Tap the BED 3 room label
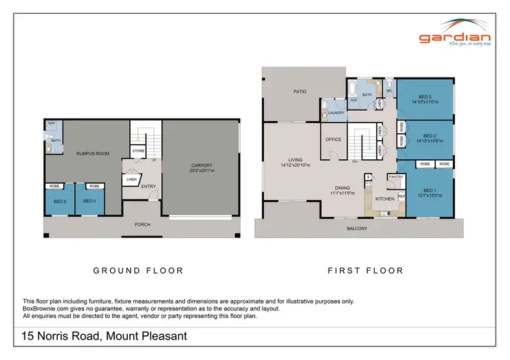[424, 97]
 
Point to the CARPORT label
[201, 165]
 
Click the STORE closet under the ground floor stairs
[138, 150]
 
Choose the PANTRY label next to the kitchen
[395, 177]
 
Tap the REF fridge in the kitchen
[401, 196]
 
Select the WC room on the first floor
[389, 91]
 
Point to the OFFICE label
[333, 140]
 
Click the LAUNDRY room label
[337, 112]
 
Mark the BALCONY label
[356, 228]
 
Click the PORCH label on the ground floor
[142, 225]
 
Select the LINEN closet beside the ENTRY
[131, 179]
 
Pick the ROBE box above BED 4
[94, 186]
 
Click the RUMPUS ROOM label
[92, 154]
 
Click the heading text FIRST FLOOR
[365, 270]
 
